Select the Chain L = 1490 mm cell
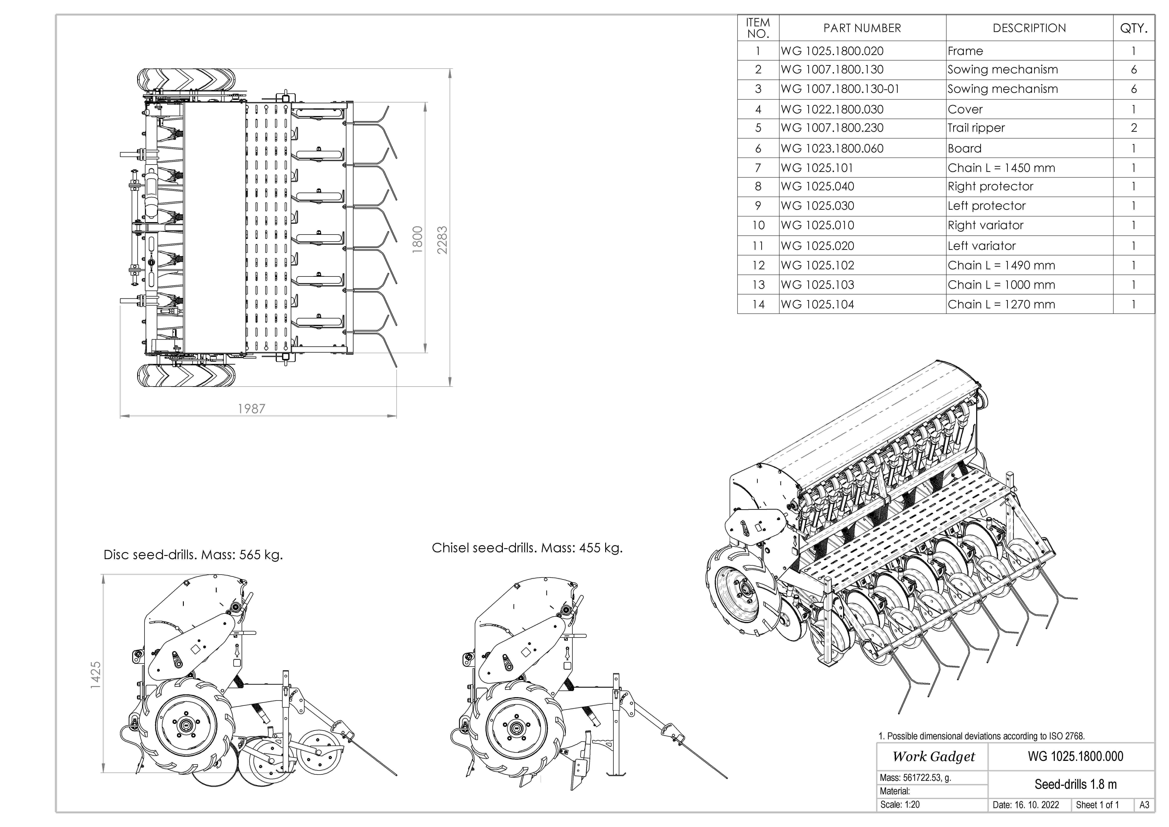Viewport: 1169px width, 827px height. pyautogui.click(x=1001, y=265)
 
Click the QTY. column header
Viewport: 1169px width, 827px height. pyautogui.click(x=1133, y=28)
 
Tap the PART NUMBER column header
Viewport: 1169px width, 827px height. pyautogui.click(x=862, y=28)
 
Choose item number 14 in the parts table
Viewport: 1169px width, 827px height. pyautogui.click(x=758, y=304)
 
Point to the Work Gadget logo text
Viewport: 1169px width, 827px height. pyautogui.click(x=933, y=757)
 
